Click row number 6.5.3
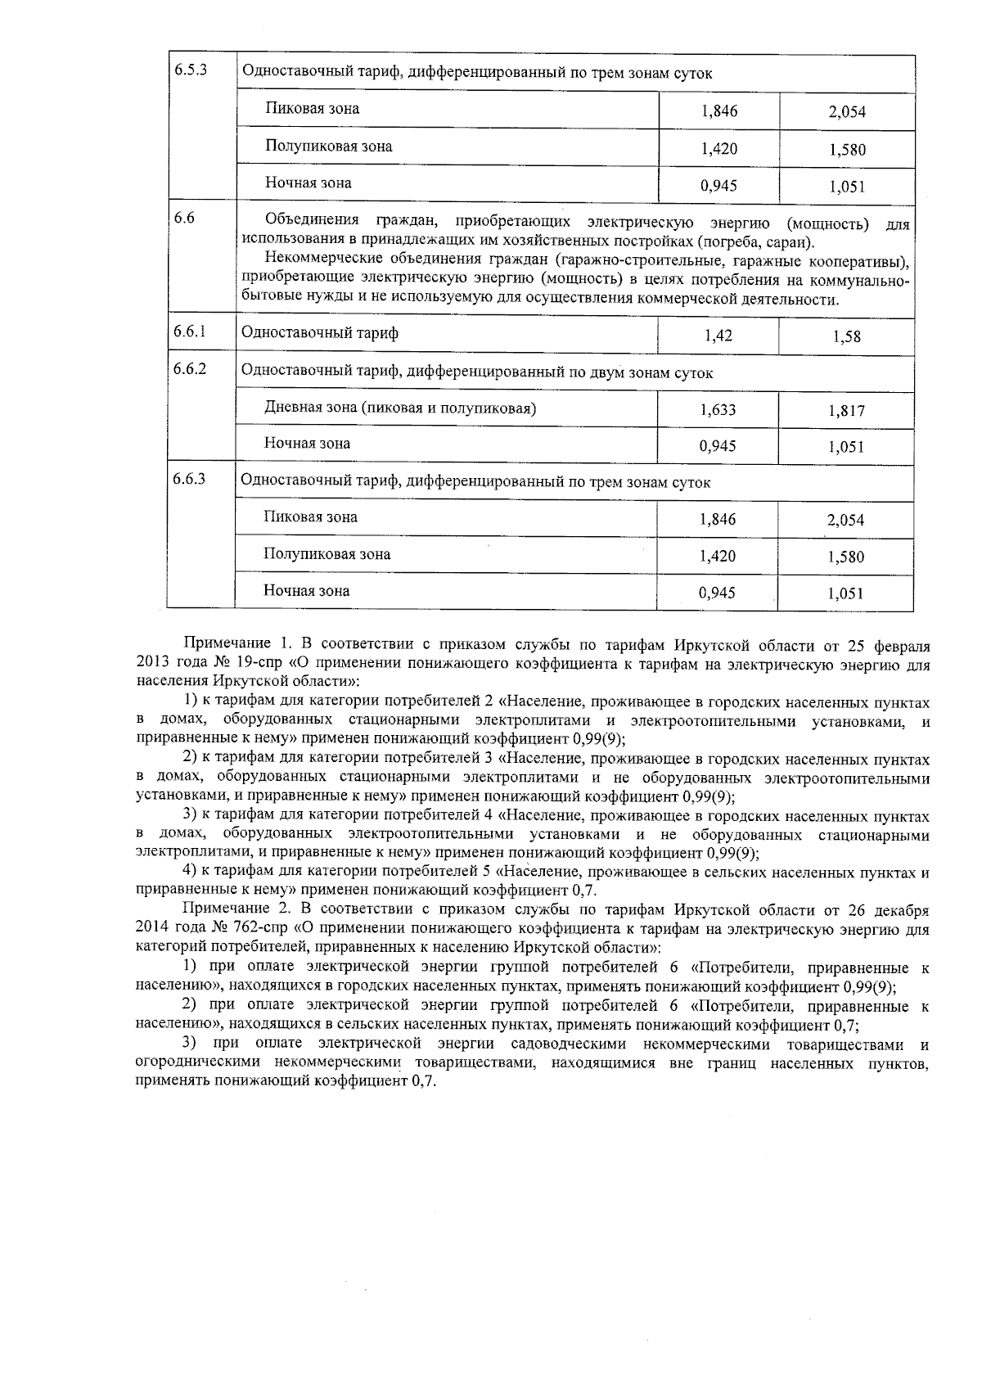click(x=190, y=69)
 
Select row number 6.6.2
click(x=189, y=368)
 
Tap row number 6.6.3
click(x=189, y=479)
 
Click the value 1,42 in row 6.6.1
click(x=718, y=336)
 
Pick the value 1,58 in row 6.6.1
click(x=846, y=336)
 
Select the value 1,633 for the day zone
click(x=718, y=410)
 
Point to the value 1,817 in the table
click(x=846, y=411)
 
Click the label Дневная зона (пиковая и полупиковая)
click(x=399, y=408)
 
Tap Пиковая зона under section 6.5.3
click(x=312, y=108)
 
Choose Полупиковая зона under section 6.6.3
click(x=327, y=554)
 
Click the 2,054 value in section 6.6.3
click(x=845, y=521)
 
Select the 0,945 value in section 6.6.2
click(x=718, y=446)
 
